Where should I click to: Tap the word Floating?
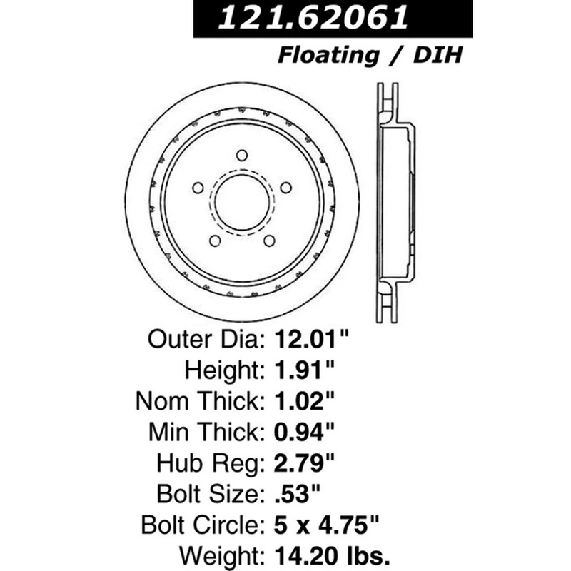pyautogui.click(x=328, y=56)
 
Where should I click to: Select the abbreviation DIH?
pyautogui.click(x=438, y=55)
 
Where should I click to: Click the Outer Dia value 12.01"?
pyautogui.click(x=312, y=339)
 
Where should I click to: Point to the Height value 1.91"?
pyautogui.click(x=304, y=370)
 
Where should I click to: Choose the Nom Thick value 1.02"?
pyautogui.click(x=304, y=401)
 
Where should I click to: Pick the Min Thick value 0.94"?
pyautogui.click(x=304, y=432)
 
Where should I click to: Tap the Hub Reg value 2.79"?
pyautogui.click(x=304, y=463)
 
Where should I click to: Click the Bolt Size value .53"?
pyautogui.click(x=297, y=494)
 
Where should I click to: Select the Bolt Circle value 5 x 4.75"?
pyautogui.click(x=326, y=525)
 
